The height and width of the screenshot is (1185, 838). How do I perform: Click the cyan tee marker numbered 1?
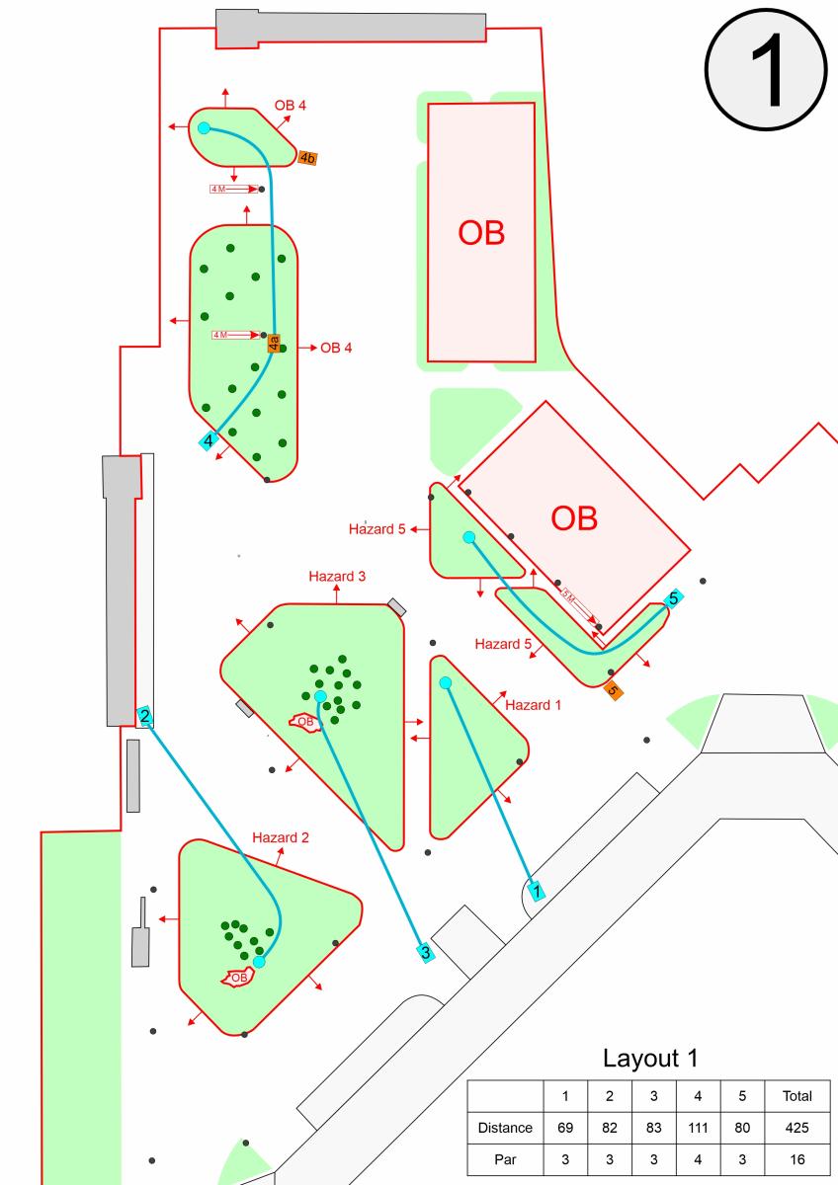pyautogui.click(x=535, y=890)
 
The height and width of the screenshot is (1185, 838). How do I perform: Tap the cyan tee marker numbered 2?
pyautogui.click(x=145, y=717)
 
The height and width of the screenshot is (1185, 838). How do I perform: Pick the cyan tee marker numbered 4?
pyautogui.click(x=209, y=440)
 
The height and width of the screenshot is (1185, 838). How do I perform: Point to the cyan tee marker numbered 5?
pyautogui.click(x=673, y=597)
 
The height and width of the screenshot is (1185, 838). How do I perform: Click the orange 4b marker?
pyautogui.click(x=307, y=158)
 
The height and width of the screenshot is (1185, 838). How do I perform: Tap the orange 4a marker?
pyautogui.click(x=274, y=344)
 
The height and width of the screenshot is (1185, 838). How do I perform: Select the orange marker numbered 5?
pyautogui.click(x=614, y=690)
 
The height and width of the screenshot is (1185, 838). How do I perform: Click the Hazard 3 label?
pyautogui.click(x=337, y=576)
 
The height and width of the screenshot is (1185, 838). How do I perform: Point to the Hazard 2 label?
pyautogui.click(x=281, y=837)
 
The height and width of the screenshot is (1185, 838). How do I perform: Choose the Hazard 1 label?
pyautogui.click(x=533, y=705)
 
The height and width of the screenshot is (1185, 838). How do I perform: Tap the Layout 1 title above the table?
pyautogui.click(x=650, y=1059)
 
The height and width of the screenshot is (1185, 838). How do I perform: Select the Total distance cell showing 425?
pyautogui.click(x=796, y=1127)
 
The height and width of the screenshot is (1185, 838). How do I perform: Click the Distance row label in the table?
pyautogui.click(x=505, y=1127)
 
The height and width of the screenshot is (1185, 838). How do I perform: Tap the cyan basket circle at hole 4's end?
pyautogui.click(x=204, y=128)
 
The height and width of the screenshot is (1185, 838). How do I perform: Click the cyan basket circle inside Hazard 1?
pyautogui.click(x=445, y=683)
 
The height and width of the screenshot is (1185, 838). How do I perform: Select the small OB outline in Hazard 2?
pyautogui.click(x=238, y=978)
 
